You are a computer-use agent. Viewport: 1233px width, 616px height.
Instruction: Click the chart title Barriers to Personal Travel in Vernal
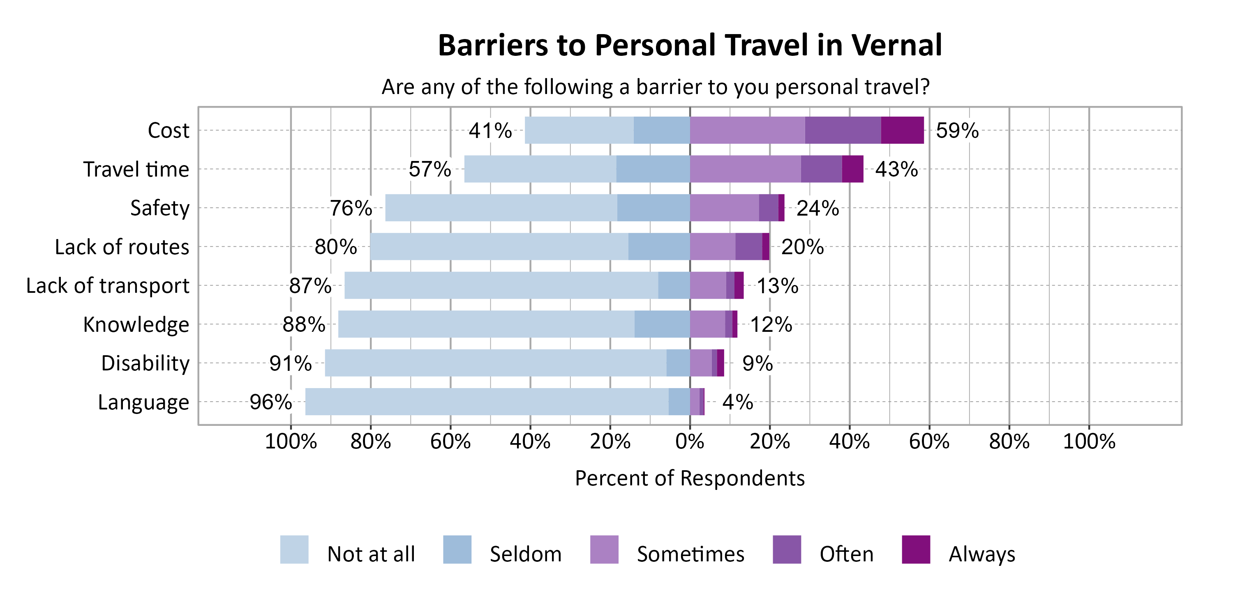click(x=690, y=46)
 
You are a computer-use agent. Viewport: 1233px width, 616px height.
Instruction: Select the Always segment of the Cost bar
click(x=902, y=130)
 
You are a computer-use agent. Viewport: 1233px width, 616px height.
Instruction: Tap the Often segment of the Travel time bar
click(x=821, y=169)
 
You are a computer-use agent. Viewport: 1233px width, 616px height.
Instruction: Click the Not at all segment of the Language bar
click(x=487, y=402)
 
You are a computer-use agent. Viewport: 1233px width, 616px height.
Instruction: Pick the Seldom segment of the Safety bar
click(x=653, y=207)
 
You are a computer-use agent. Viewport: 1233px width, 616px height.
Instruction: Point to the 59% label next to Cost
click(x=957, y=131)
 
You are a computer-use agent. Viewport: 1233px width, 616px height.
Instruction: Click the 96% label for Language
click(x=270, y=402)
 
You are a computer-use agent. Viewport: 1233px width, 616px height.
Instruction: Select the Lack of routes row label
click(x=122, y=247)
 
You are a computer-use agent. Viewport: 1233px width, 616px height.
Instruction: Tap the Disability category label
click(x=145, y=363)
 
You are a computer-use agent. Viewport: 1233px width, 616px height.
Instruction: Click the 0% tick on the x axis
click(x=690, y=441)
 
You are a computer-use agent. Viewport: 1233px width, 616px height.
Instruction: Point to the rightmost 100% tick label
click(x=1089, y=441)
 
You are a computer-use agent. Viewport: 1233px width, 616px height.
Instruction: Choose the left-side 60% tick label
click(x=450, y=441)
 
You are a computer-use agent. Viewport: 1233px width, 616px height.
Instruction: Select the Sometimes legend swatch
click(x=604, y=549)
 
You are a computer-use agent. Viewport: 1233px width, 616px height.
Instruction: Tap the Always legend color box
click(x=916, y=549)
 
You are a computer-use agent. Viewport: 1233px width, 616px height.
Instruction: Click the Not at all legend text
click(x=371, y=554)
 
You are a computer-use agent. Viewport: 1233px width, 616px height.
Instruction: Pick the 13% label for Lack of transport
click(x=777, y=285)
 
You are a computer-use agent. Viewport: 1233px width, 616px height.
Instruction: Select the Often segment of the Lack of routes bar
click(x=748, y=247)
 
